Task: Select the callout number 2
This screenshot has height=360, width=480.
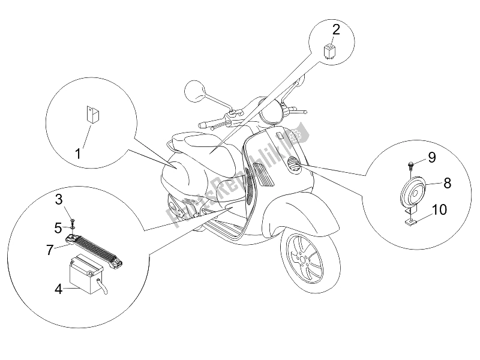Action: point(336,28)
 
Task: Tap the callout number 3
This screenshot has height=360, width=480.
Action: point(59,199)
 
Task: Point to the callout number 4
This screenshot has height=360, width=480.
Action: point(59,289)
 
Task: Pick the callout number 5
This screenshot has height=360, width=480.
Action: point(59,227)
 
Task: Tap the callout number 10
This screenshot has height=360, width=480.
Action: point(439,211)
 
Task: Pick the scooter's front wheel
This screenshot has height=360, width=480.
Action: point(307,254)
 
